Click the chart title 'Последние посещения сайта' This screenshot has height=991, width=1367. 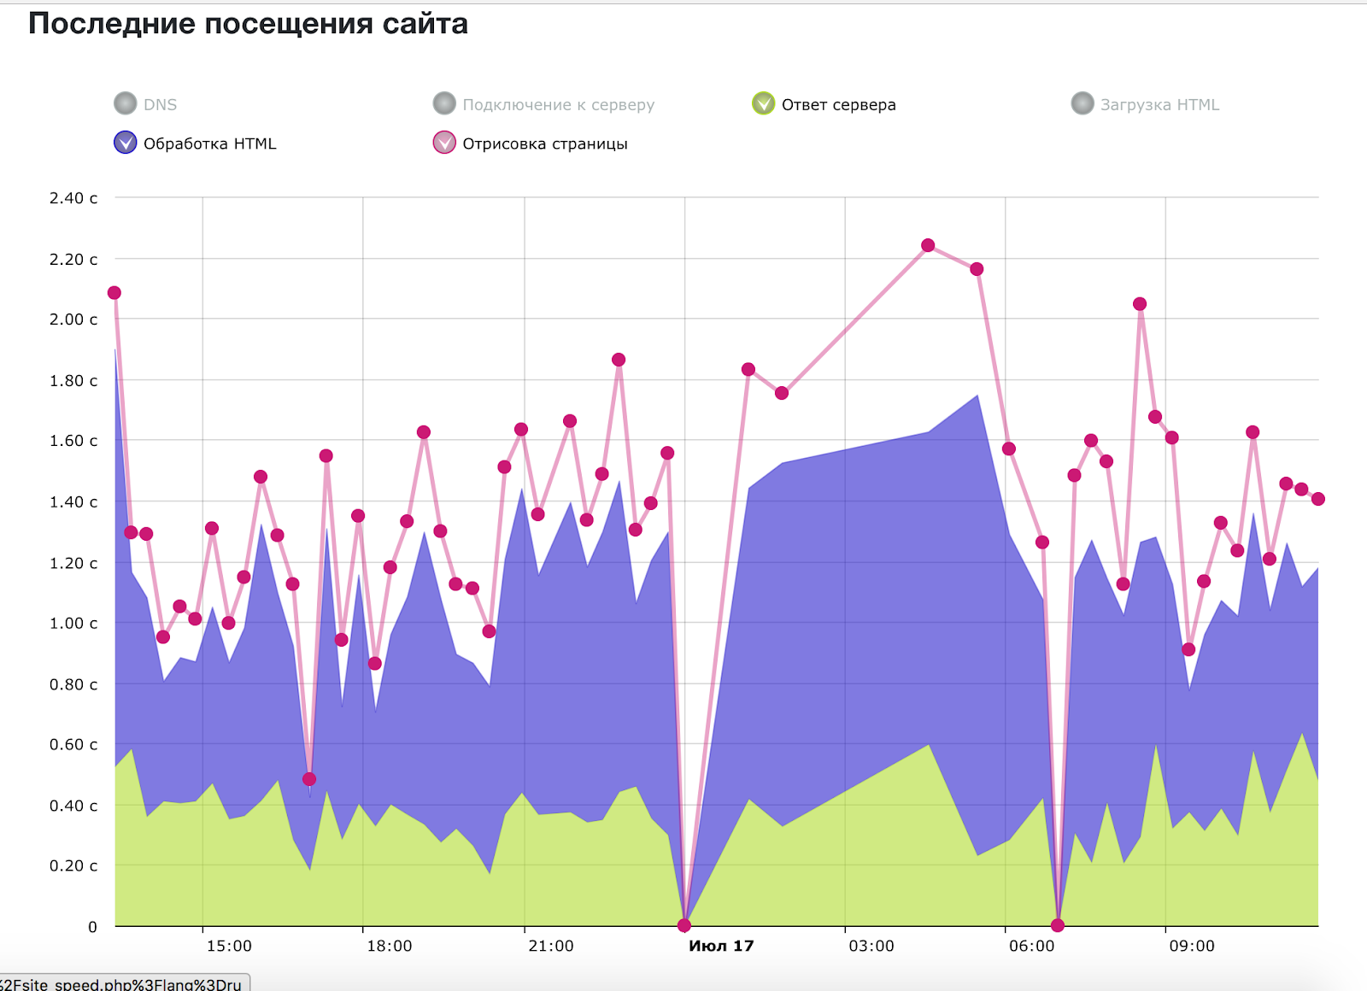[248, 24]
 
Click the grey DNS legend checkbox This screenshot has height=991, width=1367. [126, 103]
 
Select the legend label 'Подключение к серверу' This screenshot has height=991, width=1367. [558, 105]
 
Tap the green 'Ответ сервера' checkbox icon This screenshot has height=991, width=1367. [763, 103]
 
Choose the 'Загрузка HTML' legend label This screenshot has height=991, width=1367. [1159, 105]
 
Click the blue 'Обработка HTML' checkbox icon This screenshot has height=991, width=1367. [126, 143]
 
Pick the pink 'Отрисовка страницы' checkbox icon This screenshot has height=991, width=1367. [444, 143]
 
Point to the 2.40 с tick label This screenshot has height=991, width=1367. [73, 198]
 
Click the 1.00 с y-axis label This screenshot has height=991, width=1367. [73, 624]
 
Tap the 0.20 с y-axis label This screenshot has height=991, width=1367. [73, 866]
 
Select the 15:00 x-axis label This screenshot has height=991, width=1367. [229, 946]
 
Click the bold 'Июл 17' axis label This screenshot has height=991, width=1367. [721, 946]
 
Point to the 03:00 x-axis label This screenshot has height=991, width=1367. [871, 946]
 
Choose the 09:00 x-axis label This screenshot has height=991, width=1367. [1192, 946]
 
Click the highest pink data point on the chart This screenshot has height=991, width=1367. [928, 245]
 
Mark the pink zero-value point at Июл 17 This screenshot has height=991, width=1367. [684, 925]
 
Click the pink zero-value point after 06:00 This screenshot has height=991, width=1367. [1058, 925]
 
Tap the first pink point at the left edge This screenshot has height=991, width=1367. [114, 293]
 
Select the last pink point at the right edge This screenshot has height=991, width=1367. [1318, 499]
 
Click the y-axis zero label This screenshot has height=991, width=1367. [92, 927]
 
